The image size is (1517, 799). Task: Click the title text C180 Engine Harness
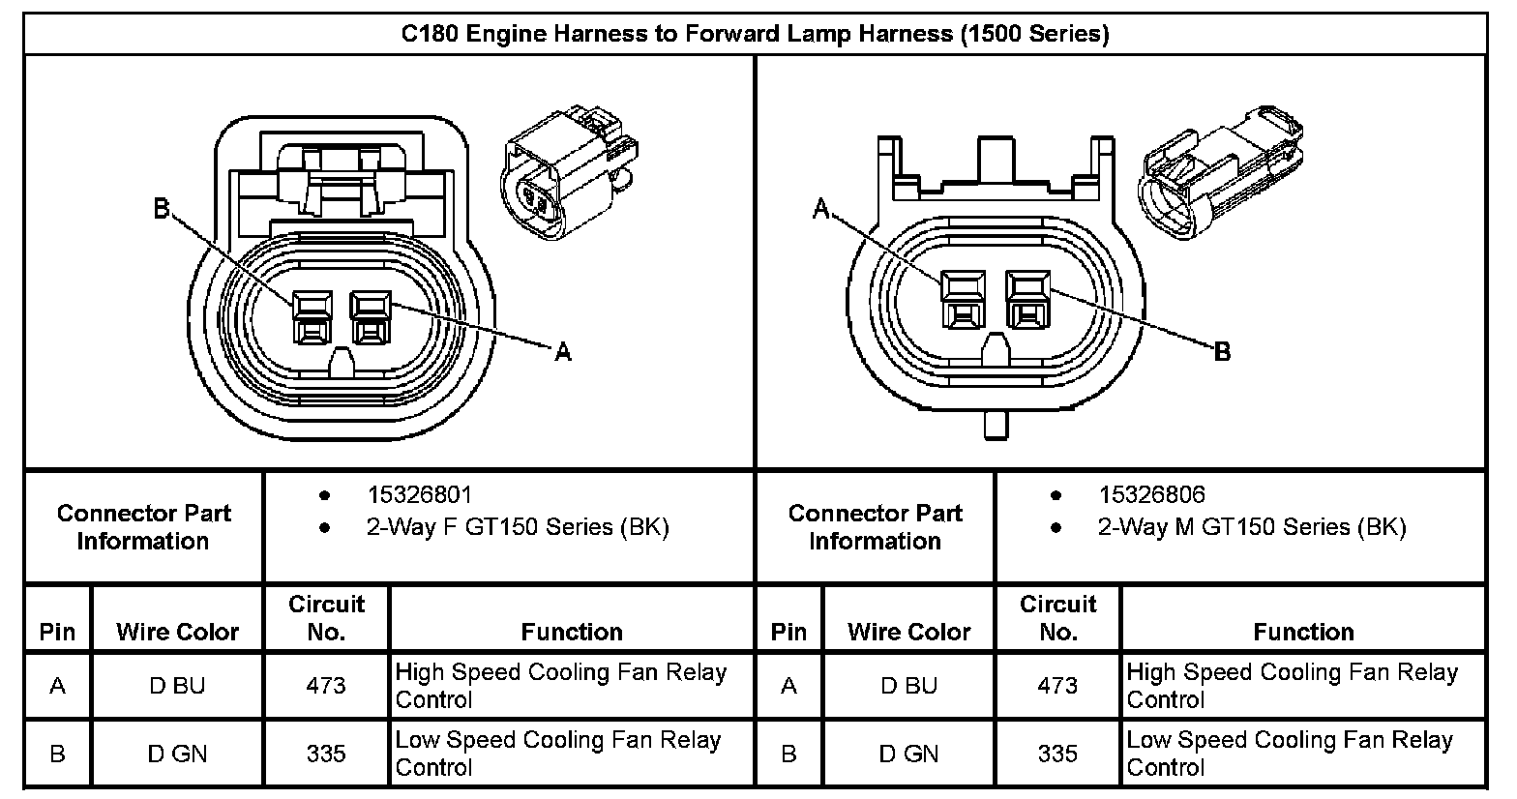click(x=755, y=35)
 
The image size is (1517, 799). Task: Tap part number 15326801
click(x=419, y=495)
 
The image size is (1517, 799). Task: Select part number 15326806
click(x=1151, y=495)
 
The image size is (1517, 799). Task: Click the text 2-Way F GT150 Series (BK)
click(x=517, y=527)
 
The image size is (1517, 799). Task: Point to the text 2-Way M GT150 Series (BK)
click(x=1251, y=527)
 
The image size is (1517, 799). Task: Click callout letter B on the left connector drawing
click(x=162, y=209)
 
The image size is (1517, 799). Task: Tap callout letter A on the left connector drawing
click(x=563, y=353)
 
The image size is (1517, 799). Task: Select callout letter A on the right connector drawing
click(x=821, y=209)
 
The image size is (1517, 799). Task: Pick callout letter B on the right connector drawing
click(x=1222, y=352)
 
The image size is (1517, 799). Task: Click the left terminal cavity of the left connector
click(x=312, y=318)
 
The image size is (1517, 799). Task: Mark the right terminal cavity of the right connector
click(x=1027, y=299)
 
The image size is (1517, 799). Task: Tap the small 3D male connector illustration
click(x=1224, y=169)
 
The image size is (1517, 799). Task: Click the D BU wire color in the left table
click(x=177, y=686)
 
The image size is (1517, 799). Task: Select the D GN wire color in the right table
click(x=908, y=754)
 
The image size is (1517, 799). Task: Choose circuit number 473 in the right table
click(x=1057, y=686)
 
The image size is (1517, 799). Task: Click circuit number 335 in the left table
click(x=326, y=754)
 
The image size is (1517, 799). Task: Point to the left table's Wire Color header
click(x=177, y=632)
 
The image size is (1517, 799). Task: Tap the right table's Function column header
click(x=1303, y=632)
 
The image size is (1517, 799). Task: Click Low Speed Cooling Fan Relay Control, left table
click(x=557, y=754)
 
